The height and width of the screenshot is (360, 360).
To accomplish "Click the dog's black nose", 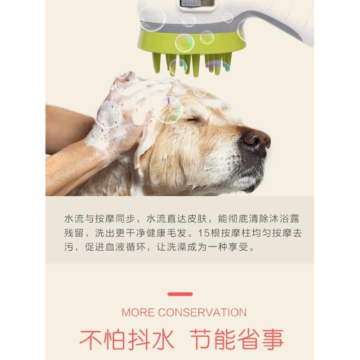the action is [x=256, y=140].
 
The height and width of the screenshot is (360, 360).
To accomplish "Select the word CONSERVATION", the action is [x=202, y=312].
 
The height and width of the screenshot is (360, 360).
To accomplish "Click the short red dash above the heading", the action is [x=180, y=294].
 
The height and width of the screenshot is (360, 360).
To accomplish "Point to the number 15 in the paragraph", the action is [x=204, y=233].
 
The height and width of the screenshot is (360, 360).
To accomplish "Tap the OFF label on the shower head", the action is [x=208, y=18].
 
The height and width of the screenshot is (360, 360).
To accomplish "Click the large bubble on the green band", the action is [x=184, y=43].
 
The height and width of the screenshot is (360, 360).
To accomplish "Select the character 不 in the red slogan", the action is [x=91, y=339].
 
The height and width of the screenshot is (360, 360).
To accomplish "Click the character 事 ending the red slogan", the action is [x=273, y=339].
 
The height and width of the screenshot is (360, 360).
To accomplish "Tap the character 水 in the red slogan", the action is [x=163, y=339].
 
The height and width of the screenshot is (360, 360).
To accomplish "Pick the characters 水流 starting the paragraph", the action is [x=74, y=219].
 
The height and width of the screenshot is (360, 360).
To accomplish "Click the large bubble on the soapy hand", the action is [x=109, y=114].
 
